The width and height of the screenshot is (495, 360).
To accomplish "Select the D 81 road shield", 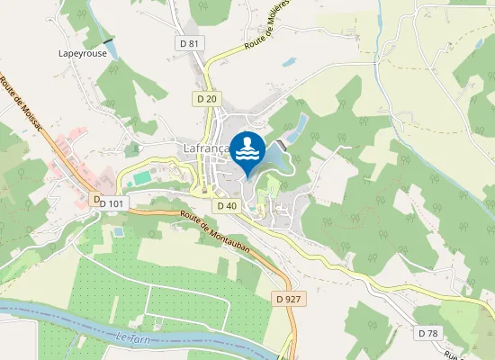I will (188, 42).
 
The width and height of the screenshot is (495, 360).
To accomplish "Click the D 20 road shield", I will (205, 97).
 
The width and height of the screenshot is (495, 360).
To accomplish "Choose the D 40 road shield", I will (226, 206).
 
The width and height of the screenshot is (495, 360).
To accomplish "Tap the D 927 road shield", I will (288, 299).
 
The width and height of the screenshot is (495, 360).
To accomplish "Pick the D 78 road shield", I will (428, 333).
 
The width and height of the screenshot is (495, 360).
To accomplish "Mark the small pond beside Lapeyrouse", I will (110, 42).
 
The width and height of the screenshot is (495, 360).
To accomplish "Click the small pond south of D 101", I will (118, 231).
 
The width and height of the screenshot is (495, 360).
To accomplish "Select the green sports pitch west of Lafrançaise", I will (139, 178).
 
